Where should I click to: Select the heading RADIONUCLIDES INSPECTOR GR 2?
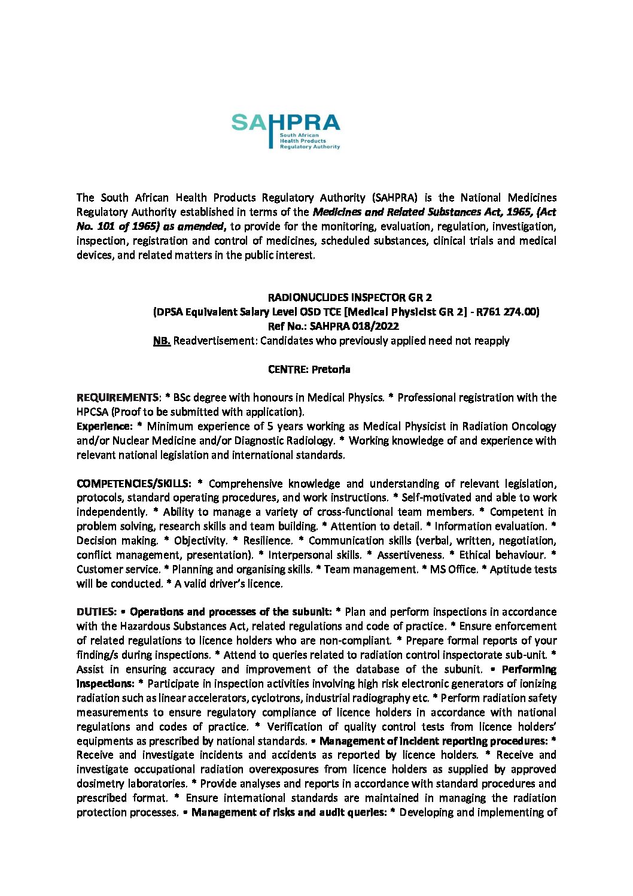tap(350, 297)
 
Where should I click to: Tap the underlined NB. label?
tap(162, 341)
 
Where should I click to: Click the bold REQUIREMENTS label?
tap(117, 397)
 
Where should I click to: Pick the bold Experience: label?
tap(104, 426)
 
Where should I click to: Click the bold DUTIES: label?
tap(96, 612)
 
